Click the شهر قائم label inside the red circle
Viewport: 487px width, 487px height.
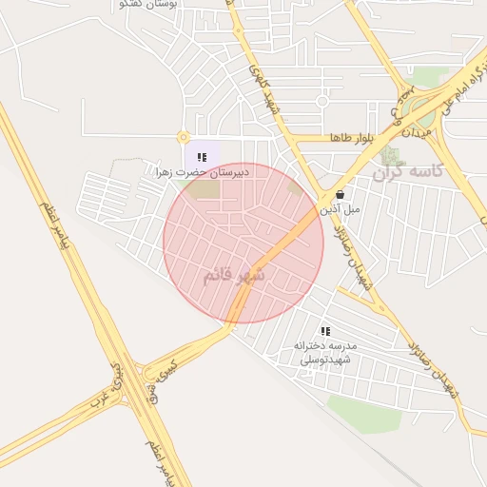[237, 275]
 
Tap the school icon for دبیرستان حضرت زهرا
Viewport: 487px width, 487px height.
[201, 157]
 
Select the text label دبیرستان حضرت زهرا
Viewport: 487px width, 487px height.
[203, 172]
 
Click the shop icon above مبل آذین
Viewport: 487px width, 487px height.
[341, 194]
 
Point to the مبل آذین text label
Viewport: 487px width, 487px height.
[339, 207]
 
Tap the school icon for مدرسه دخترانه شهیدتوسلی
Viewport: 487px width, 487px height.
[325, 331]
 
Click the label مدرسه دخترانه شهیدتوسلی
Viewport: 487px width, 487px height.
[325, 352]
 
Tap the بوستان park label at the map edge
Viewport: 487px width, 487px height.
[195, 6]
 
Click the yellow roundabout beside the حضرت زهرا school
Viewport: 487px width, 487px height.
[183, 138]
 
